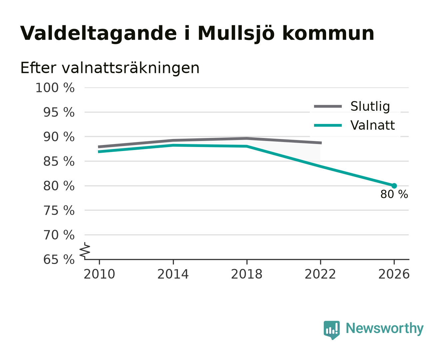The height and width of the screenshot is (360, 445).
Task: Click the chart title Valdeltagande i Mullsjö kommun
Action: click(197, 34)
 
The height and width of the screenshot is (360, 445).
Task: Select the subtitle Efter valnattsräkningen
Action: click(110, 68)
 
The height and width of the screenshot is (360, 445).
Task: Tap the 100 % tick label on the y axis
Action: click(55, 88)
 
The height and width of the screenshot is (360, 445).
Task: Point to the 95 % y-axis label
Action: click(59, 112)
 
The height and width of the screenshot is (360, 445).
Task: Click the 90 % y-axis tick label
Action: click(59, 137)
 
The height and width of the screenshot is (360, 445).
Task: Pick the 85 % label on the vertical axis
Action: click(59, 161)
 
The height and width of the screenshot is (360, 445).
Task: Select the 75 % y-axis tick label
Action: click(59, 210)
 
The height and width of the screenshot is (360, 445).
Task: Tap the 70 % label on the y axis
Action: click(59, 235)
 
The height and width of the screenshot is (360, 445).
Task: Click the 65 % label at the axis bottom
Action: click(59, 259)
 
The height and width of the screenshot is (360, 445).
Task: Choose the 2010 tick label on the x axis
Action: click(99, 274)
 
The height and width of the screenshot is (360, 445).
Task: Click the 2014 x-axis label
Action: click(173, 274)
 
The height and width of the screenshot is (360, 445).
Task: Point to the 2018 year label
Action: click(246, 274)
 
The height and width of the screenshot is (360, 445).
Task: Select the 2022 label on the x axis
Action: click(320, 274)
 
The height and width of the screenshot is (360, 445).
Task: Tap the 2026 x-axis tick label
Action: click(394, 274)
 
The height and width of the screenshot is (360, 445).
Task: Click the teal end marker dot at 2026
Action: click(394, 186)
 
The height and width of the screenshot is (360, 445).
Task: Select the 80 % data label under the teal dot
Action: click(394, 194)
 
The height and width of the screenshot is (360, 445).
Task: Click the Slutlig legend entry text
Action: click(370, 106)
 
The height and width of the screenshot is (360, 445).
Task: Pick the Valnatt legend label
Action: click(372, 125)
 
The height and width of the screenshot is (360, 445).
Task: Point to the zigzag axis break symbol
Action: click(85, 251)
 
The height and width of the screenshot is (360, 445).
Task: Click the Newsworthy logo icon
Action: click(331, 330)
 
